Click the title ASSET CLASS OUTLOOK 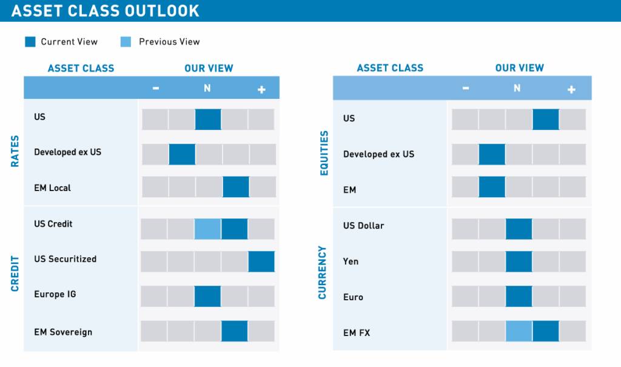(x=105, y=11)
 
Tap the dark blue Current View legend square (x=30, y=42)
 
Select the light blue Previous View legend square (x=126, y=42)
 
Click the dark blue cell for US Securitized (x=261, y=261)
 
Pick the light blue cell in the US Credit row (x=207, y=229)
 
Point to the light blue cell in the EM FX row (x=519, y=331)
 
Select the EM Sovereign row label (x=63, y=332)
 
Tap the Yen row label (x=351, y=261)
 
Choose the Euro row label (x=353, y=297)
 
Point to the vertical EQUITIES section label (x=324, y=153)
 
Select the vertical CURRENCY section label (x=323, y=272)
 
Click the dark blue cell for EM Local (x=236, y=187)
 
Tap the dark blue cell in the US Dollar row (x=519, y=229)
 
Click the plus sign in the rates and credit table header (x=261, y=89)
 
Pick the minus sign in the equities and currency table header (x=465, y=89)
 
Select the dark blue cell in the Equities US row (x=545, y=120)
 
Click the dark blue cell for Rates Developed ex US (x=182, y=154)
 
